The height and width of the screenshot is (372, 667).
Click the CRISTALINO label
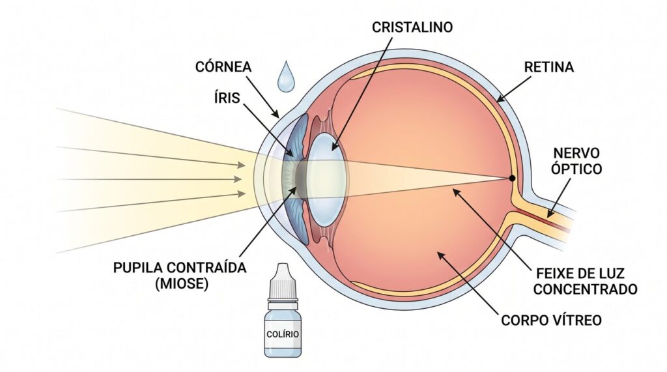(412, 27)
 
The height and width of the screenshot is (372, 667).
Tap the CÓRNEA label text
(223, 66)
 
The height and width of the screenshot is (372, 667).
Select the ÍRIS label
(227, 98)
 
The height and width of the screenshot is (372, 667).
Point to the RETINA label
(548, 67)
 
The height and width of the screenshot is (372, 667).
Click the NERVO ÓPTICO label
(576, 161)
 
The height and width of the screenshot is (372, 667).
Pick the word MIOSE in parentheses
(182, 284)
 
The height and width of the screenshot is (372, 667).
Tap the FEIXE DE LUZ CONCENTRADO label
(586, 281)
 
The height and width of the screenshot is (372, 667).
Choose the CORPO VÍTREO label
(551, 320)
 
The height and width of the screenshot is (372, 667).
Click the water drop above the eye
(285, 77)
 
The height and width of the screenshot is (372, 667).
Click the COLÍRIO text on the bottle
(283, 334)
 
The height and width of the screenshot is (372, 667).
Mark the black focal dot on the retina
(512, 179)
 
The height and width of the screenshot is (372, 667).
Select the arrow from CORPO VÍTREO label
(466, 283)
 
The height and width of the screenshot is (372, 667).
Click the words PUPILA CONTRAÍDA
(180, 268)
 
